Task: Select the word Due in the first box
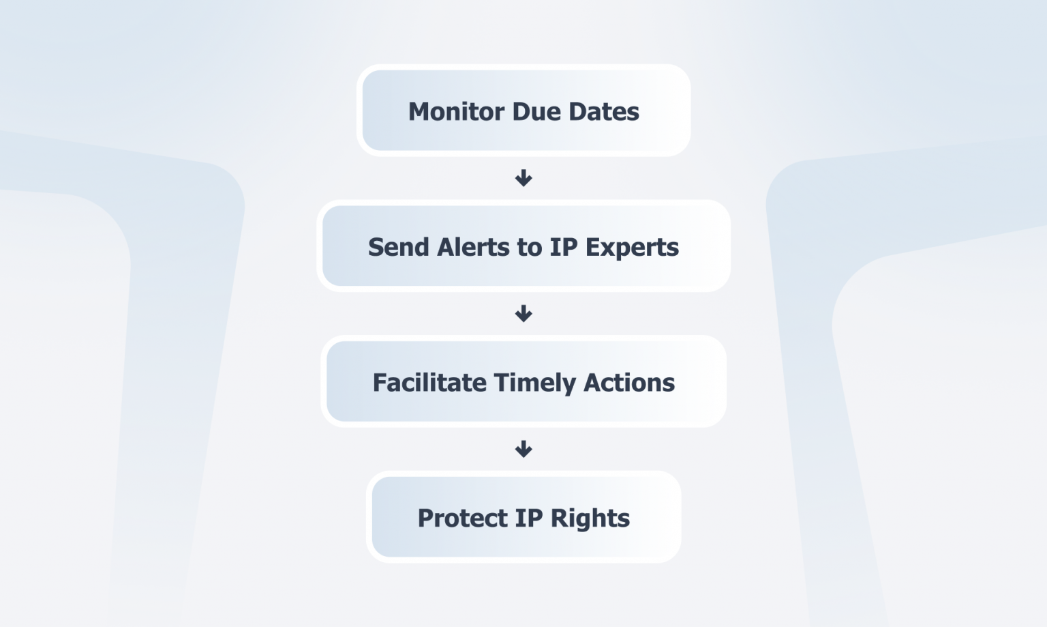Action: point(536,112)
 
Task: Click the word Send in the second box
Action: point(398,247)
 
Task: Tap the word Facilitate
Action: point(429,383)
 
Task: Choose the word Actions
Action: point(629,383)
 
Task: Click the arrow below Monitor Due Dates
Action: point(523,178)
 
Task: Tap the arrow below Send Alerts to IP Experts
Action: point(523,314)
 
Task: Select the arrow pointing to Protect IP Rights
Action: point(523,449)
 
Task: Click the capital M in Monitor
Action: point(419,112)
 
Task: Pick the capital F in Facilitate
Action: point(379,383)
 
